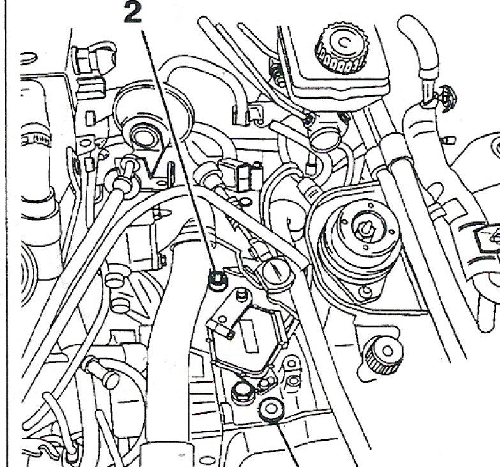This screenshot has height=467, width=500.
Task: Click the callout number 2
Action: point(133,12)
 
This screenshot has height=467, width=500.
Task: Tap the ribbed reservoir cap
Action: point(341,47)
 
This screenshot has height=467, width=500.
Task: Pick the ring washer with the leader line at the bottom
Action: point(271,409)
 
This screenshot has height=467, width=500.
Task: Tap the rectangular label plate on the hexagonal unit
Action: point(249,336)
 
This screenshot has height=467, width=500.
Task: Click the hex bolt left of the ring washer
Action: point(243,392)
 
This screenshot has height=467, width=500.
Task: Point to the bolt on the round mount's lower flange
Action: point(367,291)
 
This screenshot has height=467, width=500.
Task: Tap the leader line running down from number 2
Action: point(179,150)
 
